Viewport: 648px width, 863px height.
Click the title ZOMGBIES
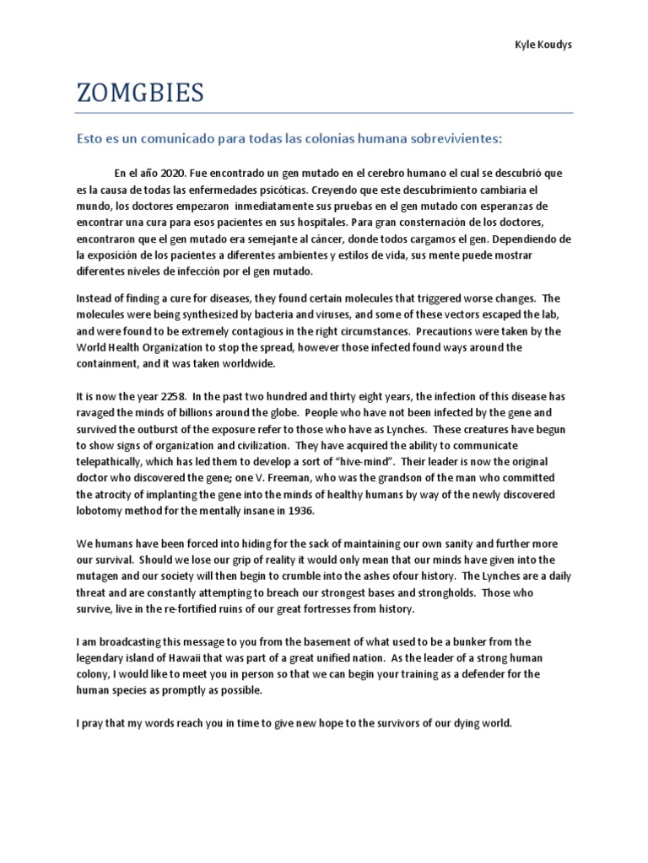click(140, 93)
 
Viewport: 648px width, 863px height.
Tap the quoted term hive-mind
click(361, 462)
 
